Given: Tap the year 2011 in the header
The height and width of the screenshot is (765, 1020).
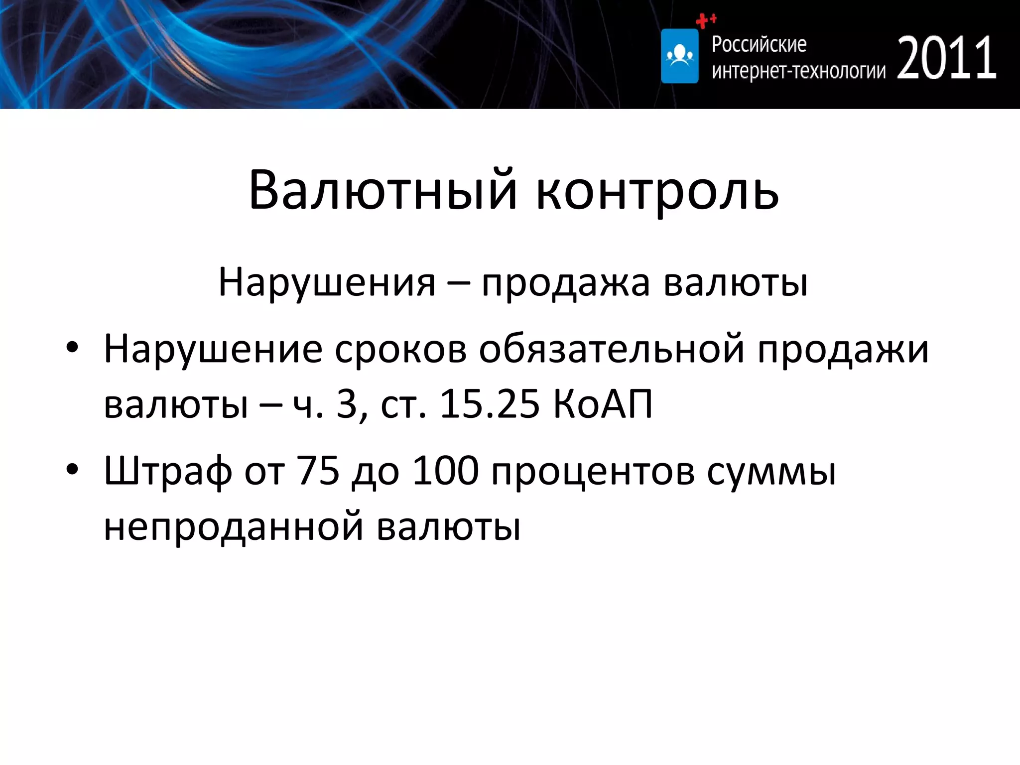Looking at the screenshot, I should (x=947, y=58).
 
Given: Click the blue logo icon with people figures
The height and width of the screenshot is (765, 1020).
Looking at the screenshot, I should (x=679, y=56).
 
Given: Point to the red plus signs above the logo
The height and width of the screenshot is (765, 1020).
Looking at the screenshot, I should (x=706, y=20).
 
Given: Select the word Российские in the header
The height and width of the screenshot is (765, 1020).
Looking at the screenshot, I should (x=759, y=44).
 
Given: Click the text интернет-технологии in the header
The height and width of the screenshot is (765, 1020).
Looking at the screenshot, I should (x=798, y=71).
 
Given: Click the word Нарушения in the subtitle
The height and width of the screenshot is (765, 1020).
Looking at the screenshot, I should (x=327, y=282).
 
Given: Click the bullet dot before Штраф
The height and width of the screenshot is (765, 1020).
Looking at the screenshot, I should (x=73, y=469).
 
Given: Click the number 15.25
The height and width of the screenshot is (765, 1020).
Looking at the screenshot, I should (x=489, y=403).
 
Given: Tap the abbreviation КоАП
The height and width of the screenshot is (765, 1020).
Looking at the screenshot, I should (x=603, y=403).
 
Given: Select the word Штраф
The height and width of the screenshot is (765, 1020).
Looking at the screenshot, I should (x=167, y=471).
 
